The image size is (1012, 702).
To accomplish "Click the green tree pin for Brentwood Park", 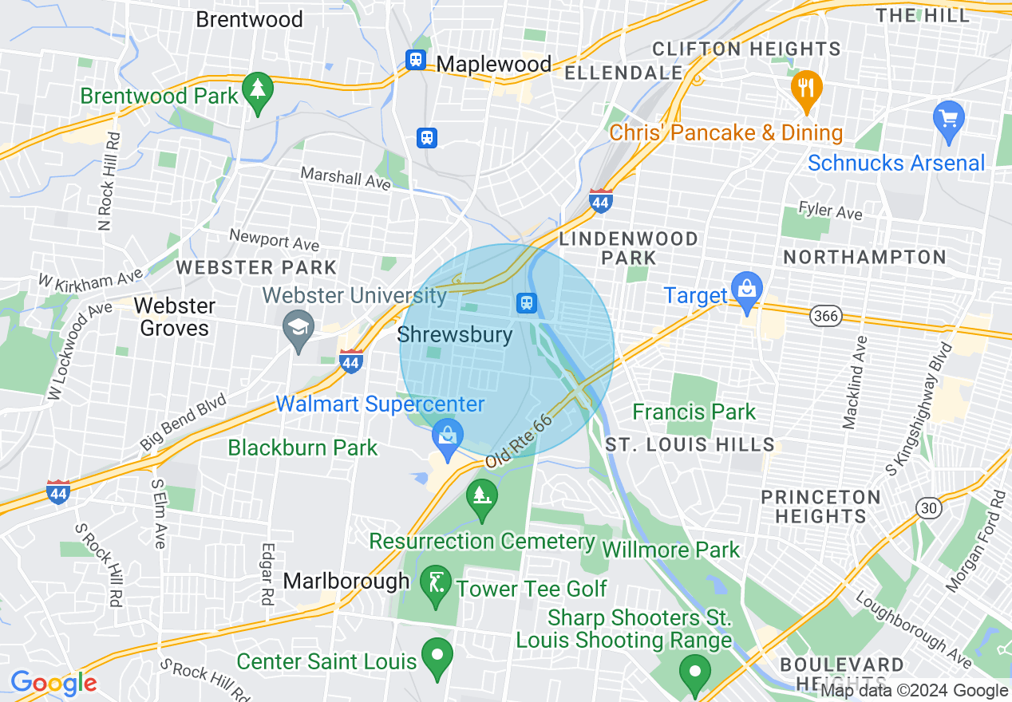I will [x=257, y=93].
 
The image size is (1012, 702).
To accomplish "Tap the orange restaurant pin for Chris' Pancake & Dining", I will [x=807, y=90].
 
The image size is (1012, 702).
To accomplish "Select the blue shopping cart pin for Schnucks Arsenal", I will [x=948, y=122].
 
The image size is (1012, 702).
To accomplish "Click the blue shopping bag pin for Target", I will [x=746, y=292].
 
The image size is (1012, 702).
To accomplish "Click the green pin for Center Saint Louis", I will [x=437, y=658].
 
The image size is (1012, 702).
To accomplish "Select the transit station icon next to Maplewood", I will [x=416, y=60].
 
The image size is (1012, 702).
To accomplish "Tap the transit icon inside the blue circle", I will [x=526, y=302].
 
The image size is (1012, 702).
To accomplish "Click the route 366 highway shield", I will [x=826, y=317].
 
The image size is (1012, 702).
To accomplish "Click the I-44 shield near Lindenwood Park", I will [x=601, y=201].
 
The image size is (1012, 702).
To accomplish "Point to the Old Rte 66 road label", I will [x=519, y=440].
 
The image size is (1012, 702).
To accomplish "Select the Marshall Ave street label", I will [x=345, y=179].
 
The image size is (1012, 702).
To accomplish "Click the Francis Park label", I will [x=694, y=412].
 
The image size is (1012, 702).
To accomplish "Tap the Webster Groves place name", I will [x=174, y=317].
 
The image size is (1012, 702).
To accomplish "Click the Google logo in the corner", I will [x=53, y=683].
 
